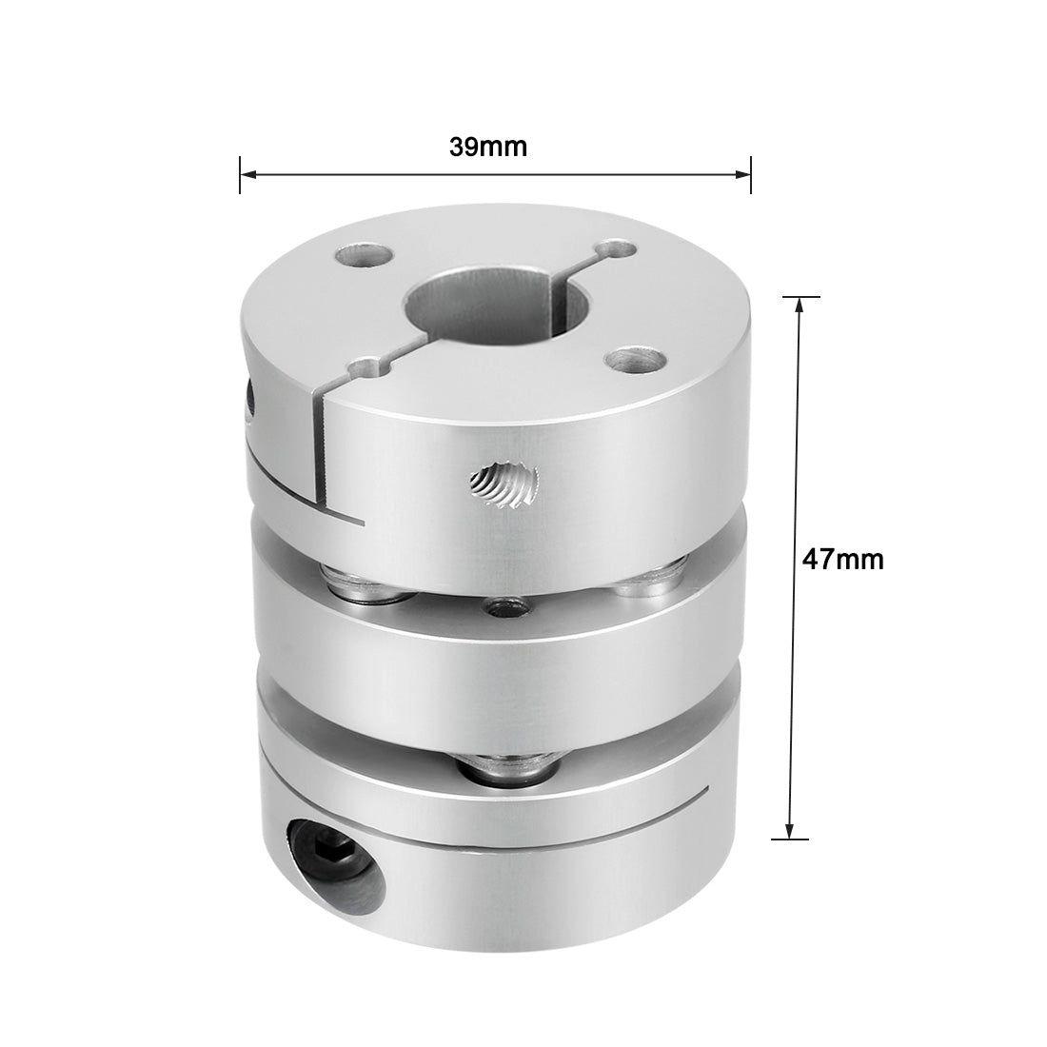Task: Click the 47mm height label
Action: tap(841, 560)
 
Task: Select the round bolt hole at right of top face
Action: tap(637, 360)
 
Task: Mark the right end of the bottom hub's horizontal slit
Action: tap(706, 791)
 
